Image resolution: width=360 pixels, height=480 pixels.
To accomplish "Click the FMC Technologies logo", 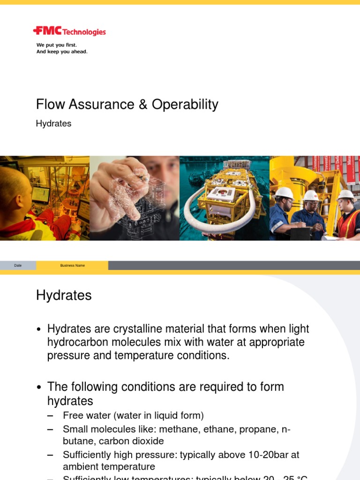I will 69,31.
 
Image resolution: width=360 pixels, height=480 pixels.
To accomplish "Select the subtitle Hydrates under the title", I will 53,124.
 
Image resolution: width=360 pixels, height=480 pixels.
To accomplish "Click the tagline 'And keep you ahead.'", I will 62,52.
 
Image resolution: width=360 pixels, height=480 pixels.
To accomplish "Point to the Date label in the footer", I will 18,265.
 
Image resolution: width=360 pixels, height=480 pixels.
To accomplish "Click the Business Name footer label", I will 73,265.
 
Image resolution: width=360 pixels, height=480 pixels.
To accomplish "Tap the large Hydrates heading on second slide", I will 64,295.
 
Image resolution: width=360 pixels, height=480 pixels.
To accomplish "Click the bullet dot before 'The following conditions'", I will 40,388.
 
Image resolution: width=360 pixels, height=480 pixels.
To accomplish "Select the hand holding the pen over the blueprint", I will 117,185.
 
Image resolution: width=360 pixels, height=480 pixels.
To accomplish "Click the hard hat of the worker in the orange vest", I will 346,194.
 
